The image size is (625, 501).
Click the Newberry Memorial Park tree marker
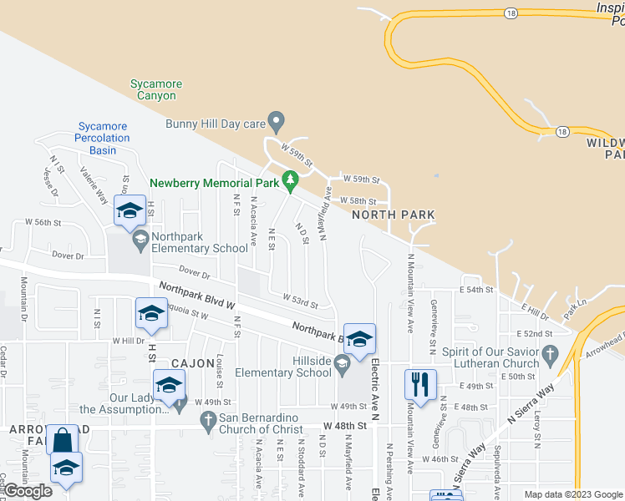click(291, 180)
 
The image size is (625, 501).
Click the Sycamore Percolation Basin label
click(102, 138)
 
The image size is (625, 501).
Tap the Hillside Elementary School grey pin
click(342, 362)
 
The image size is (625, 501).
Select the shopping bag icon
click(63, 439)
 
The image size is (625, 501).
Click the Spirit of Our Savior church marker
click(549, 356)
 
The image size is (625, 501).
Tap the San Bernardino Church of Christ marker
click(211, 423)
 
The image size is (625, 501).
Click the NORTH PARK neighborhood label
click(393, 215)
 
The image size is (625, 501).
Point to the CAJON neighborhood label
click(194, 364)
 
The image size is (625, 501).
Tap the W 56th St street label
click(43, 222)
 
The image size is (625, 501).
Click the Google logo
click(28, 491)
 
